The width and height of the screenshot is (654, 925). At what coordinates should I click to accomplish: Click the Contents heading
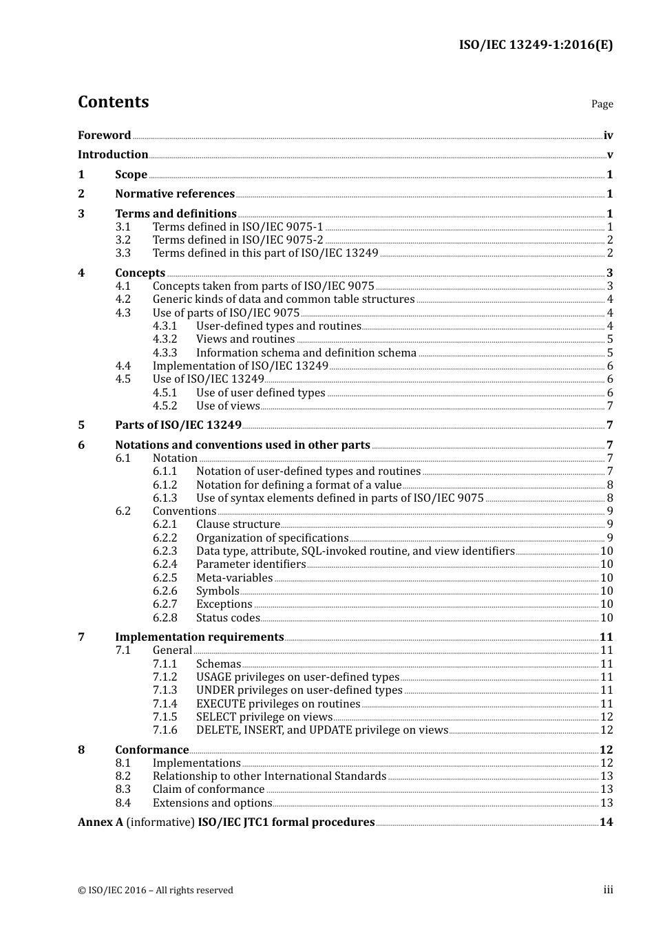tap(113, 102)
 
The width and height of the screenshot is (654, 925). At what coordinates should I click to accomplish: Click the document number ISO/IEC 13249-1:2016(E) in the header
tap(536, 45)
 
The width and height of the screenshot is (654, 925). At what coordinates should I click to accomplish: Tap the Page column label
tap(602, 104)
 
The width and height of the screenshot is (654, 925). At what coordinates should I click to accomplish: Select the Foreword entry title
tap(104, 135)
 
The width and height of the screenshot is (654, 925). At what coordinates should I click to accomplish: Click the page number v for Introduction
tap(609, 155)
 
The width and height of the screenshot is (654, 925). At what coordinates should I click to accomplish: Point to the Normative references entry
tap(175, 194)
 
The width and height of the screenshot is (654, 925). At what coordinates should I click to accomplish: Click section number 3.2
tap(123, 240)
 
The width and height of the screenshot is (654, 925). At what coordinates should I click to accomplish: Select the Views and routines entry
tap(245, 339)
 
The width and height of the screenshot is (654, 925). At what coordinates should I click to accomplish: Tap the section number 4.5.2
tap(165, 406)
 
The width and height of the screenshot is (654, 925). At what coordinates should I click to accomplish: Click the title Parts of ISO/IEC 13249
tap(178, 425)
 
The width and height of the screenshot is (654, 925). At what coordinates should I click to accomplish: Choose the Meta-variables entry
tap(234, 578)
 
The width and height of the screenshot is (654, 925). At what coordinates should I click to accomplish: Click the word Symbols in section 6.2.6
tap(218, 591)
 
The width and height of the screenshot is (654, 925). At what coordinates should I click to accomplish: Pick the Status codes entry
tap(228, 618)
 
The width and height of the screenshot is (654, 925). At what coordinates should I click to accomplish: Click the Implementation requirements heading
tap(199, 637)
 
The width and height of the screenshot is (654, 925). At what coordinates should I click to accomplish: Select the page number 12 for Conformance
tap(606, 750)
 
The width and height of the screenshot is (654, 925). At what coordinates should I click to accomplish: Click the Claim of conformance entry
tap(208, 789)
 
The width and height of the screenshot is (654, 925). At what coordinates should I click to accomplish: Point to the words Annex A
tap(101, 822)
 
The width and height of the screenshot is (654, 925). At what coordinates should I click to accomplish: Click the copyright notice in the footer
tap(155, 891)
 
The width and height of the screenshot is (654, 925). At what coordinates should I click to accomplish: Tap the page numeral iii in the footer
tap(608, 890)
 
